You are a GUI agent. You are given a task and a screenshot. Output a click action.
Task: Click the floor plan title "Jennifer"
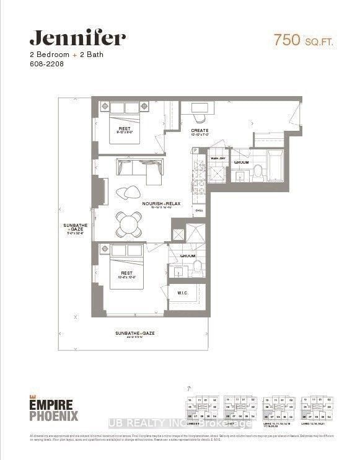click(x=77, y=38)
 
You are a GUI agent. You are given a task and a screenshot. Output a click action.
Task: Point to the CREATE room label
click(x=200, y=131)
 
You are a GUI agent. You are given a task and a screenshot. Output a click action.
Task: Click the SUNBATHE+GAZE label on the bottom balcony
click(x=134, y=333)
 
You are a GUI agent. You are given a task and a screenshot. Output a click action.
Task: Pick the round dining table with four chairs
click(x=131, y=224)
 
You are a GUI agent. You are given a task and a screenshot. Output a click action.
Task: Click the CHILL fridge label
click(x=200, y=210)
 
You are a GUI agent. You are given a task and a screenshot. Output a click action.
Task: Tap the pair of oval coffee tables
click(x=131, y=192)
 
